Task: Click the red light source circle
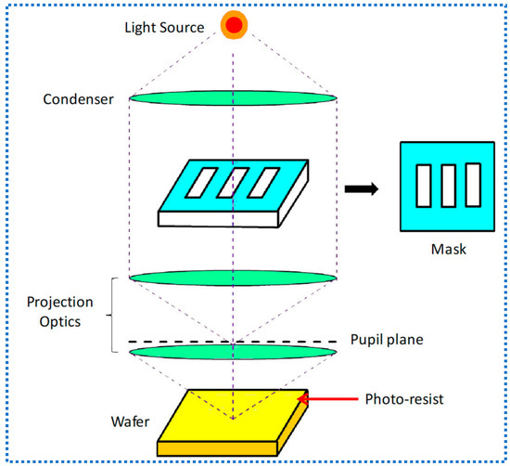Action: pos(234,25)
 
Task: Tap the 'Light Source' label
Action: pos(164,27)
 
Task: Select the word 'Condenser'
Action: pos(79,99)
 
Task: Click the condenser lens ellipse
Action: pos(233,97)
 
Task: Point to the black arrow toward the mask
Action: pos(362,188)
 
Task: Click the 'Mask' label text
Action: pos(449,250)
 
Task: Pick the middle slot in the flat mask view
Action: pos(449,186)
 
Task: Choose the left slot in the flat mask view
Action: pos(424,186)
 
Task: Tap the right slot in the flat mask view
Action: pos(473,185)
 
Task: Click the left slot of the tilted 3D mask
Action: pos(201,183)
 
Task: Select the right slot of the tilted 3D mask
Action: pos(263,183)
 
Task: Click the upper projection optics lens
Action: pos(233,278)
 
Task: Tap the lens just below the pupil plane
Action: pos(233,353)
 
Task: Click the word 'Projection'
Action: pos(60,303)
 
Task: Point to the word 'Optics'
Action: pos(60,322)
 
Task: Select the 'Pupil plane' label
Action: pos(387,340)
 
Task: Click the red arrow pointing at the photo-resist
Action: pos(328,399)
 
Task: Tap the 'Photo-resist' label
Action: pos(404,399)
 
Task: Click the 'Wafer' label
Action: pos(130,421)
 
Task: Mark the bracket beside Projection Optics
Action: pos(111,316)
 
